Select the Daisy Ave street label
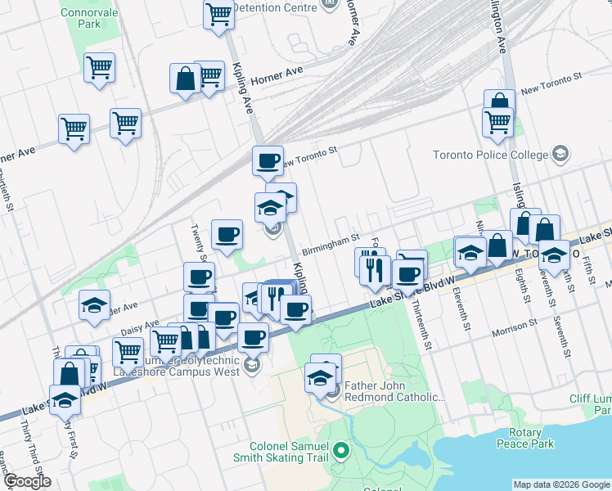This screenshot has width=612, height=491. pos(139,327)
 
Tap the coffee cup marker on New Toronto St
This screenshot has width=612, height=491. pos(267,160)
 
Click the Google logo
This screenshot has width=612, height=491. pos(26,481)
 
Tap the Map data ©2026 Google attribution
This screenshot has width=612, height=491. pos(561,484)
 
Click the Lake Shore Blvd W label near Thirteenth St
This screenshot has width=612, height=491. pos(411,294)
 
